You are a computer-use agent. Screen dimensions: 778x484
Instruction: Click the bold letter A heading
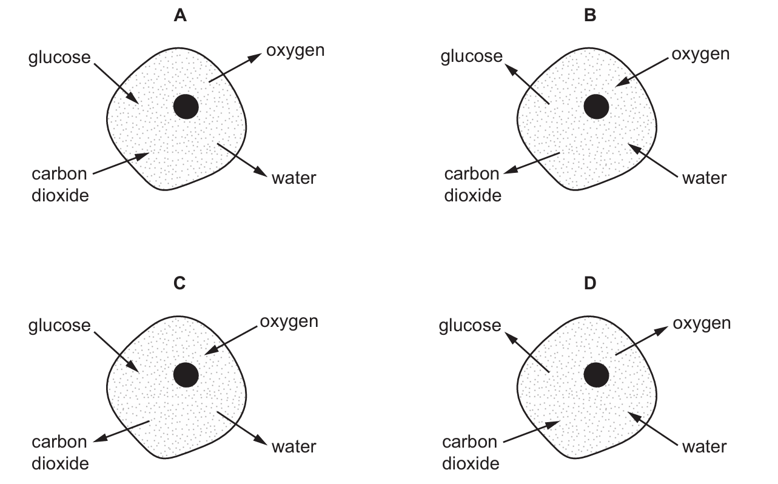click(x=180, y=16)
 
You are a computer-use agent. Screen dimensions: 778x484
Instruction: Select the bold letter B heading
click(x=590, y=16)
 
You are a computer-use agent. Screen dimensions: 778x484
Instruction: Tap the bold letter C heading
click(x=179, y=283)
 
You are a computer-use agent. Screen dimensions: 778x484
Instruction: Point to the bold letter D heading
click(x=590, y=283)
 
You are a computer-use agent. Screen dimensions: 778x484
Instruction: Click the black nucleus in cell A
click(x=186, y=107)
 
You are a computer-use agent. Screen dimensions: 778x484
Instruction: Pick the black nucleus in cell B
click(x=596, y=107)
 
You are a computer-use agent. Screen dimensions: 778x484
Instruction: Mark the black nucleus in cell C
click(x=186, y=375)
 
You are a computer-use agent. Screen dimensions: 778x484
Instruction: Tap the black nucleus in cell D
click(x=596, y=375)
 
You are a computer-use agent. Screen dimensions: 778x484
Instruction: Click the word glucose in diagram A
click(x=59, y=58)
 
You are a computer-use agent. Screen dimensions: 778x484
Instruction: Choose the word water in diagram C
click(x=294, y=446)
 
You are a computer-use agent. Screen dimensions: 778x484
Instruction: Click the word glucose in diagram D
click(x=470, y=326)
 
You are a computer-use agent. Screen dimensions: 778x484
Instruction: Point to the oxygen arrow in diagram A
click(x=235, y=68)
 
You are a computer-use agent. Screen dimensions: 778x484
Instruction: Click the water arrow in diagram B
click(x=652, y=161)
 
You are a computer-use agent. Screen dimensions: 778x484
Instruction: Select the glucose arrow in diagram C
click(x=116, y=352)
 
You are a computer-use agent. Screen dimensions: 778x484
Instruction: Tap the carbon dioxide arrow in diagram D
click(x=532, y=432)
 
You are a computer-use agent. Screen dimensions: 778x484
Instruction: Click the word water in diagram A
click(x=294, y=178)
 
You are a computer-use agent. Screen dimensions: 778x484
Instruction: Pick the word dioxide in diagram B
click(x=473, y=195)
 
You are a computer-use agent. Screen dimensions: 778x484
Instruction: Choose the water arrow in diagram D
click(x=652, y=429)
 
